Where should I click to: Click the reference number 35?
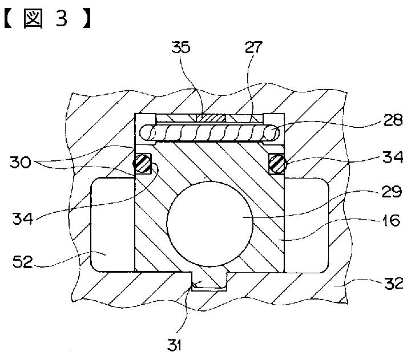(x=181, y=47)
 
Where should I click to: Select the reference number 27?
(x=253, y=47)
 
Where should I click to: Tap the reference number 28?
(x=393, y=120)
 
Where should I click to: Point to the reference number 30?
(x=21, y=162)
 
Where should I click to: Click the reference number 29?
(x=392, y=192)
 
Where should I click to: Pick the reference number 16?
(x=391, y=220)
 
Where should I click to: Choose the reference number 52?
(x=23, y=262)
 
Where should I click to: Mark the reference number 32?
(x=393, y=283)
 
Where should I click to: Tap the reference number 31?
(x=175, y=345)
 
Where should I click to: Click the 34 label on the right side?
(x=393, y=157)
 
